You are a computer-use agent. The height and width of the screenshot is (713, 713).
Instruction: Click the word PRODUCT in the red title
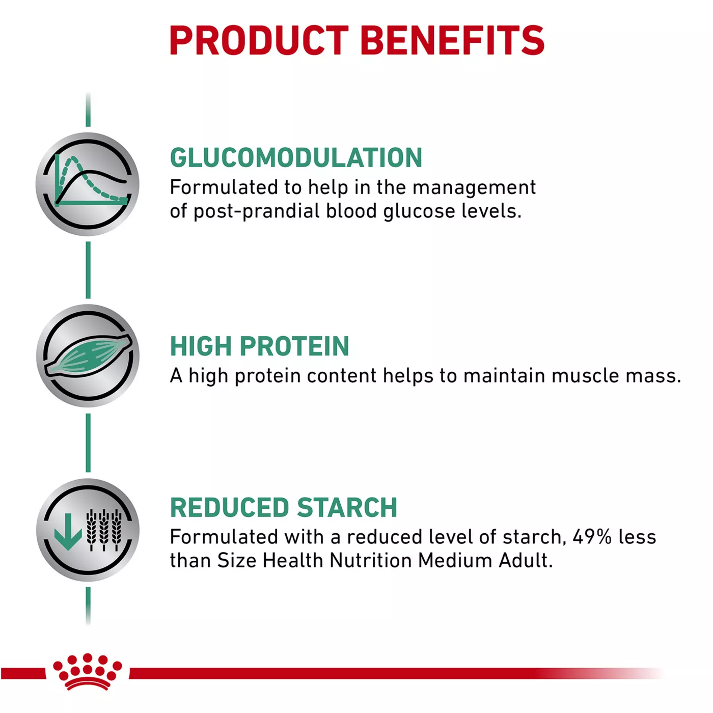259,40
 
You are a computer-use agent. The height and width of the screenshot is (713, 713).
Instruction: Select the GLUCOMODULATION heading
296,157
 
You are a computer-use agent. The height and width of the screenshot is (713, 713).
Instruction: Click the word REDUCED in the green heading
229,507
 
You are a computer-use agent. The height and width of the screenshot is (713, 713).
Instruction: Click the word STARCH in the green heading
347,507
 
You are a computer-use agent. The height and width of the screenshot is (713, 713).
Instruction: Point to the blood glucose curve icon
88,184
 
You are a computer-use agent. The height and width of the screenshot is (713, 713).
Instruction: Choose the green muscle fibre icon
88,355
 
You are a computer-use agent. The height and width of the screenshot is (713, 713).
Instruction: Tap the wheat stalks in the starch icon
103,530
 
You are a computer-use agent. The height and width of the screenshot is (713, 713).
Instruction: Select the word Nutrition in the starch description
371,561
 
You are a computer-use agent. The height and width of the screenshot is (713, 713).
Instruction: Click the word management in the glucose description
474,188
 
